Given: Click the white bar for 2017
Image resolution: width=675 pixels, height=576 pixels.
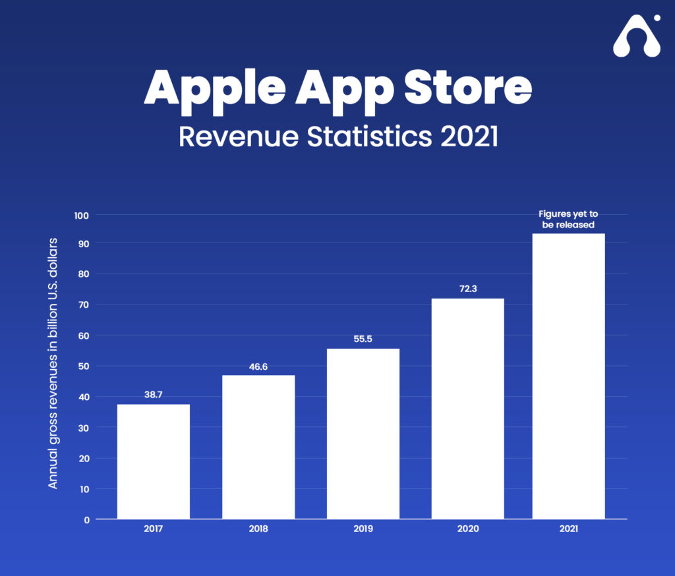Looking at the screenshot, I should (x=154, y=461).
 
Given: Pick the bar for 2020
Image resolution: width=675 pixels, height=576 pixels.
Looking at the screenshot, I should (x=468, y=409).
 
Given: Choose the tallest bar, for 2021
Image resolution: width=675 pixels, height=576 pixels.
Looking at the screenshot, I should (x=568, y=376).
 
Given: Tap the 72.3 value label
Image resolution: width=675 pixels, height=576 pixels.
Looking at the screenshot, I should (x=468, y=287).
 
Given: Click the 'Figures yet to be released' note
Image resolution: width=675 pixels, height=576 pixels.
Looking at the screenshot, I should (x=568, y=219).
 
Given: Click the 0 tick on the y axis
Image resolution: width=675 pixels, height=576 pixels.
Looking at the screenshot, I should (x=87, y=519).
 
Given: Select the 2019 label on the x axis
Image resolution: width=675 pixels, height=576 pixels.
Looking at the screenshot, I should (x=363, y=529).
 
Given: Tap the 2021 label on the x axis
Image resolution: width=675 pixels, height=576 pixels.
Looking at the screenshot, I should (x=568, y=529).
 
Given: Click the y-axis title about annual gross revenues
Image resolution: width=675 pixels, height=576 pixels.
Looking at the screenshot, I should (x=53, y=363).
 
